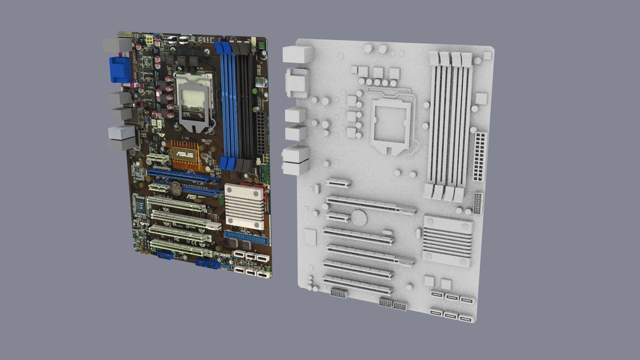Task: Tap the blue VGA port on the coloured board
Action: click(x=119, y=69)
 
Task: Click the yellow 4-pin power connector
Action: click(x=149, y=41)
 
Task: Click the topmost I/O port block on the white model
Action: click(x=298, y=54)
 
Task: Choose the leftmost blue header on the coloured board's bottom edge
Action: click(x=165, y=255)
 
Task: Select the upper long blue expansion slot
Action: click(x=184, y=176)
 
